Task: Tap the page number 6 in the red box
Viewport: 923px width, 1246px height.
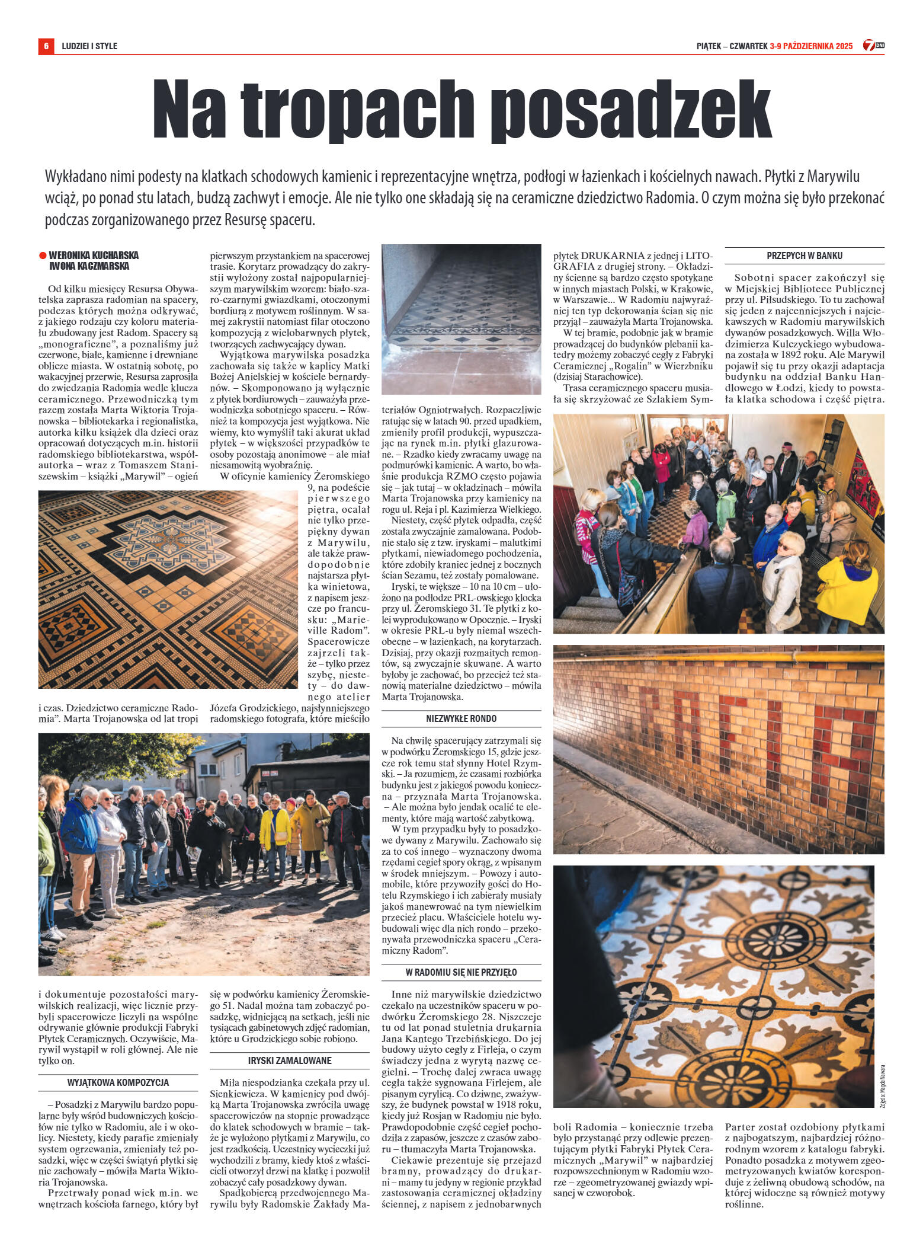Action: (x=46, y=46)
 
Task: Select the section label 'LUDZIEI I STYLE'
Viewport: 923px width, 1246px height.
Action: (x=89, y=46)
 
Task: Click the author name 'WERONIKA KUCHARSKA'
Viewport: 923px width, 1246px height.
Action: (x=94, y=255)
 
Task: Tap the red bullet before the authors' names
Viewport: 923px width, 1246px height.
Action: (x=42, y=255)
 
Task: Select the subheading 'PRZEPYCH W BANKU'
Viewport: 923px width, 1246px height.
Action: (x=804, y=256)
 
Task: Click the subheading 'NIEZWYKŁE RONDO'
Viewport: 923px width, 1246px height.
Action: (x=461, y=719)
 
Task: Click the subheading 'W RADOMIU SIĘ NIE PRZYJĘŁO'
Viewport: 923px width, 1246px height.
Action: (x=461, y=973)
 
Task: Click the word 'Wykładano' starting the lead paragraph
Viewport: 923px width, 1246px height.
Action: (x=73, y=177)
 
